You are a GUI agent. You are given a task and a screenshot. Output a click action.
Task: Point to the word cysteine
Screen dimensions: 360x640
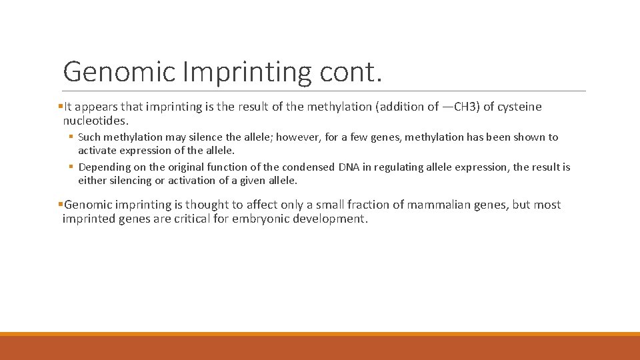point(518,107)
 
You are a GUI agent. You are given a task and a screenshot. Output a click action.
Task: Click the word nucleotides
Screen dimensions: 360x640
point(95,121)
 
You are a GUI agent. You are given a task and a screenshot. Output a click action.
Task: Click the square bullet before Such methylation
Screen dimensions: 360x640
point(71,137)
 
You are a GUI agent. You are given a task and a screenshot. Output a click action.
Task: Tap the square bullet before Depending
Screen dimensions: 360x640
point(71,167)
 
